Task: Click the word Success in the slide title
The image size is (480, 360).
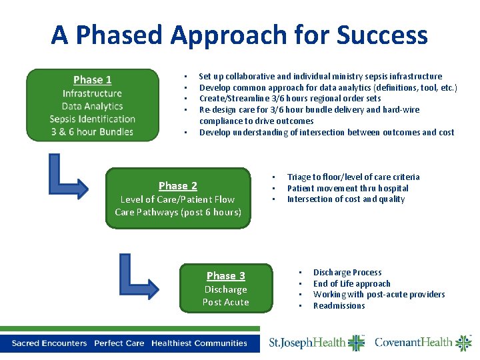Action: click(x=383, y=35)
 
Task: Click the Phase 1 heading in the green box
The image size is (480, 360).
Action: click(x=93, y=80)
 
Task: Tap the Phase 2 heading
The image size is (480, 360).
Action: click(x=178, y=186)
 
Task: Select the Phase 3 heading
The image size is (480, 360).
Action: click(x=225, y=276)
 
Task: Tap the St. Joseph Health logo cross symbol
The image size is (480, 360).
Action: click(x=356, y=343)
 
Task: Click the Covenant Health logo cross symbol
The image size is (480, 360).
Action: click(x=463, y=343)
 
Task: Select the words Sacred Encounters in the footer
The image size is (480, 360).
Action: click(x=49, y=343)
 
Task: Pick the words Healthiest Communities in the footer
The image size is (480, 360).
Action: click(x=199, y=343)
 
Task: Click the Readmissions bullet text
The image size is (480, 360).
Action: click(x=339, y=306)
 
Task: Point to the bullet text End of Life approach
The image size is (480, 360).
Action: click(x=351, y=284)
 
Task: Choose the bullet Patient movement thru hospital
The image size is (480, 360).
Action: click(x=347, y=189)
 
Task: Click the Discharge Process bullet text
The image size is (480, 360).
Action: click(x=347, y=273)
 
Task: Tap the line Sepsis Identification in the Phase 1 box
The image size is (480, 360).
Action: click(x=93, y=119)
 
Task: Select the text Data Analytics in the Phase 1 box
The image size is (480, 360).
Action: click(x=93, y=106)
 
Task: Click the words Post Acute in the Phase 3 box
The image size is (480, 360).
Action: click(x=225, y=303)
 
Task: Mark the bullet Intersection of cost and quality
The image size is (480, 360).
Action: click(x=345, y=199)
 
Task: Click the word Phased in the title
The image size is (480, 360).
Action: click(x=170, y=35)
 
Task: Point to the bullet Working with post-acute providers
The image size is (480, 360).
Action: click(x=379, y=295)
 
